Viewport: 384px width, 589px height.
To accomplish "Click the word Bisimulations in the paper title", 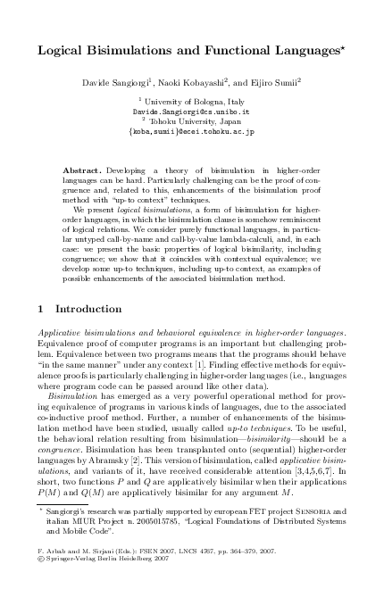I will coord(124,52).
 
